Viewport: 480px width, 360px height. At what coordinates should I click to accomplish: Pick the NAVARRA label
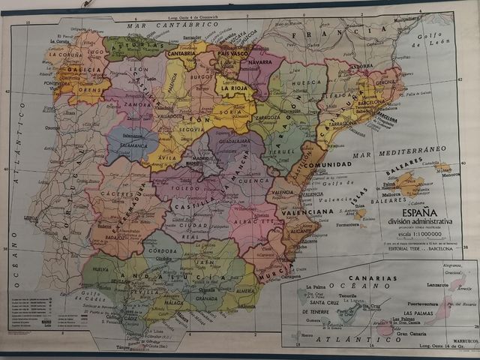(x=259, y=62)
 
